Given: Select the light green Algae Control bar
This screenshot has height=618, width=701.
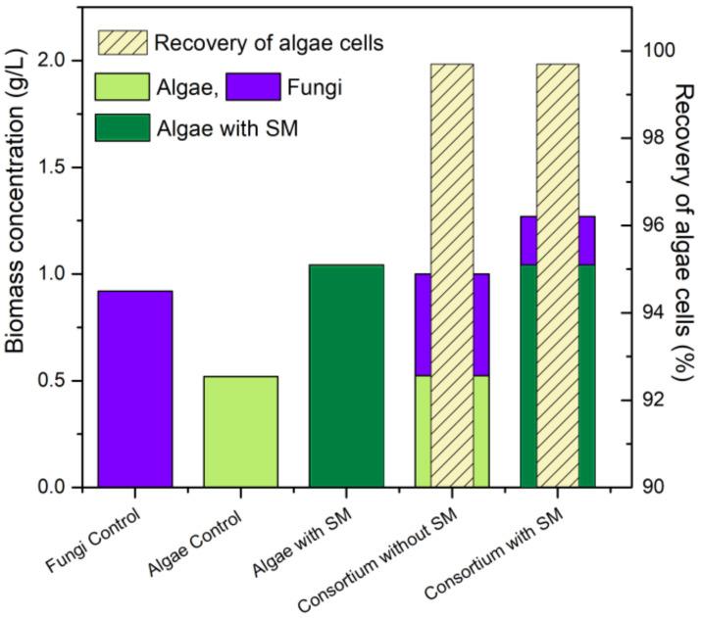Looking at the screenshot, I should coord(240,432).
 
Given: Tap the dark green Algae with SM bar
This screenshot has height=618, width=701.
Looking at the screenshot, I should coord(346,376).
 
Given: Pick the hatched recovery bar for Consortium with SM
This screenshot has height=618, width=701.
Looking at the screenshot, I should coord(557,275).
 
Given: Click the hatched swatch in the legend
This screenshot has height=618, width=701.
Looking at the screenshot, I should coord(122,42).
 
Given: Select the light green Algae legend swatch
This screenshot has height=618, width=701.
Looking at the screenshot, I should coord(122,86).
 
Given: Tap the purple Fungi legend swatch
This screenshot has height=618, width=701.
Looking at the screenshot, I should coord(256,86).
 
